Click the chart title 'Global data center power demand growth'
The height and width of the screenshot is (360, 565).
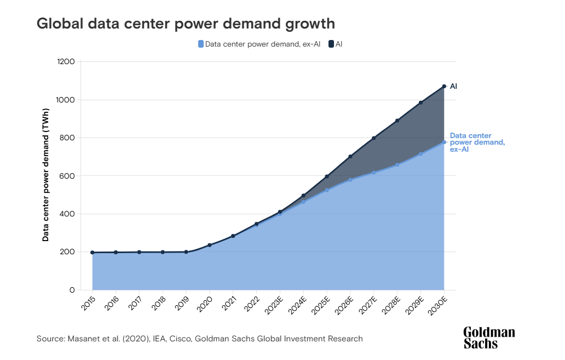(186, 24)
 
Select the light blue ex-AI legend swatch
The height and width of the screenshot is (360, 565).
(201, 44)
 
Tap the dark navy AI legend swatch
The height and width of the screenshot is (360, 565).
(331, 44)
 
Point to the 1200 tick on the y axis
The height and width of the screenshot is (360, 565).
(66, 62)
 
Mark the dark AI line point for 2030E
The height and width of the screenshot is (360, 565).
(444, 87)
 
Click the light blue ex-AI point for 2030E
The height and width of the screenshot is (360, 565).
(444, 142)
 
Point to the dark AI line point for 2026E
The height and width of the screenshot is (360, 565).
(350, 157)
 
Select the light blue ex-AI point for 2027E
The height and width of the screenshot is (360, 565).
(374, 173)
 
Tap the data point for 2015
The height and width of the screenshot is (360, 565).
(92, 253)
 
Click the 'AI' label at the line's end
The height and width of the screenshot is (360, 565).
(453, 87)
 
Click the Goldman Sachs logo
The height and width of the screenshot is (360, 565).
(489, 338)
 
